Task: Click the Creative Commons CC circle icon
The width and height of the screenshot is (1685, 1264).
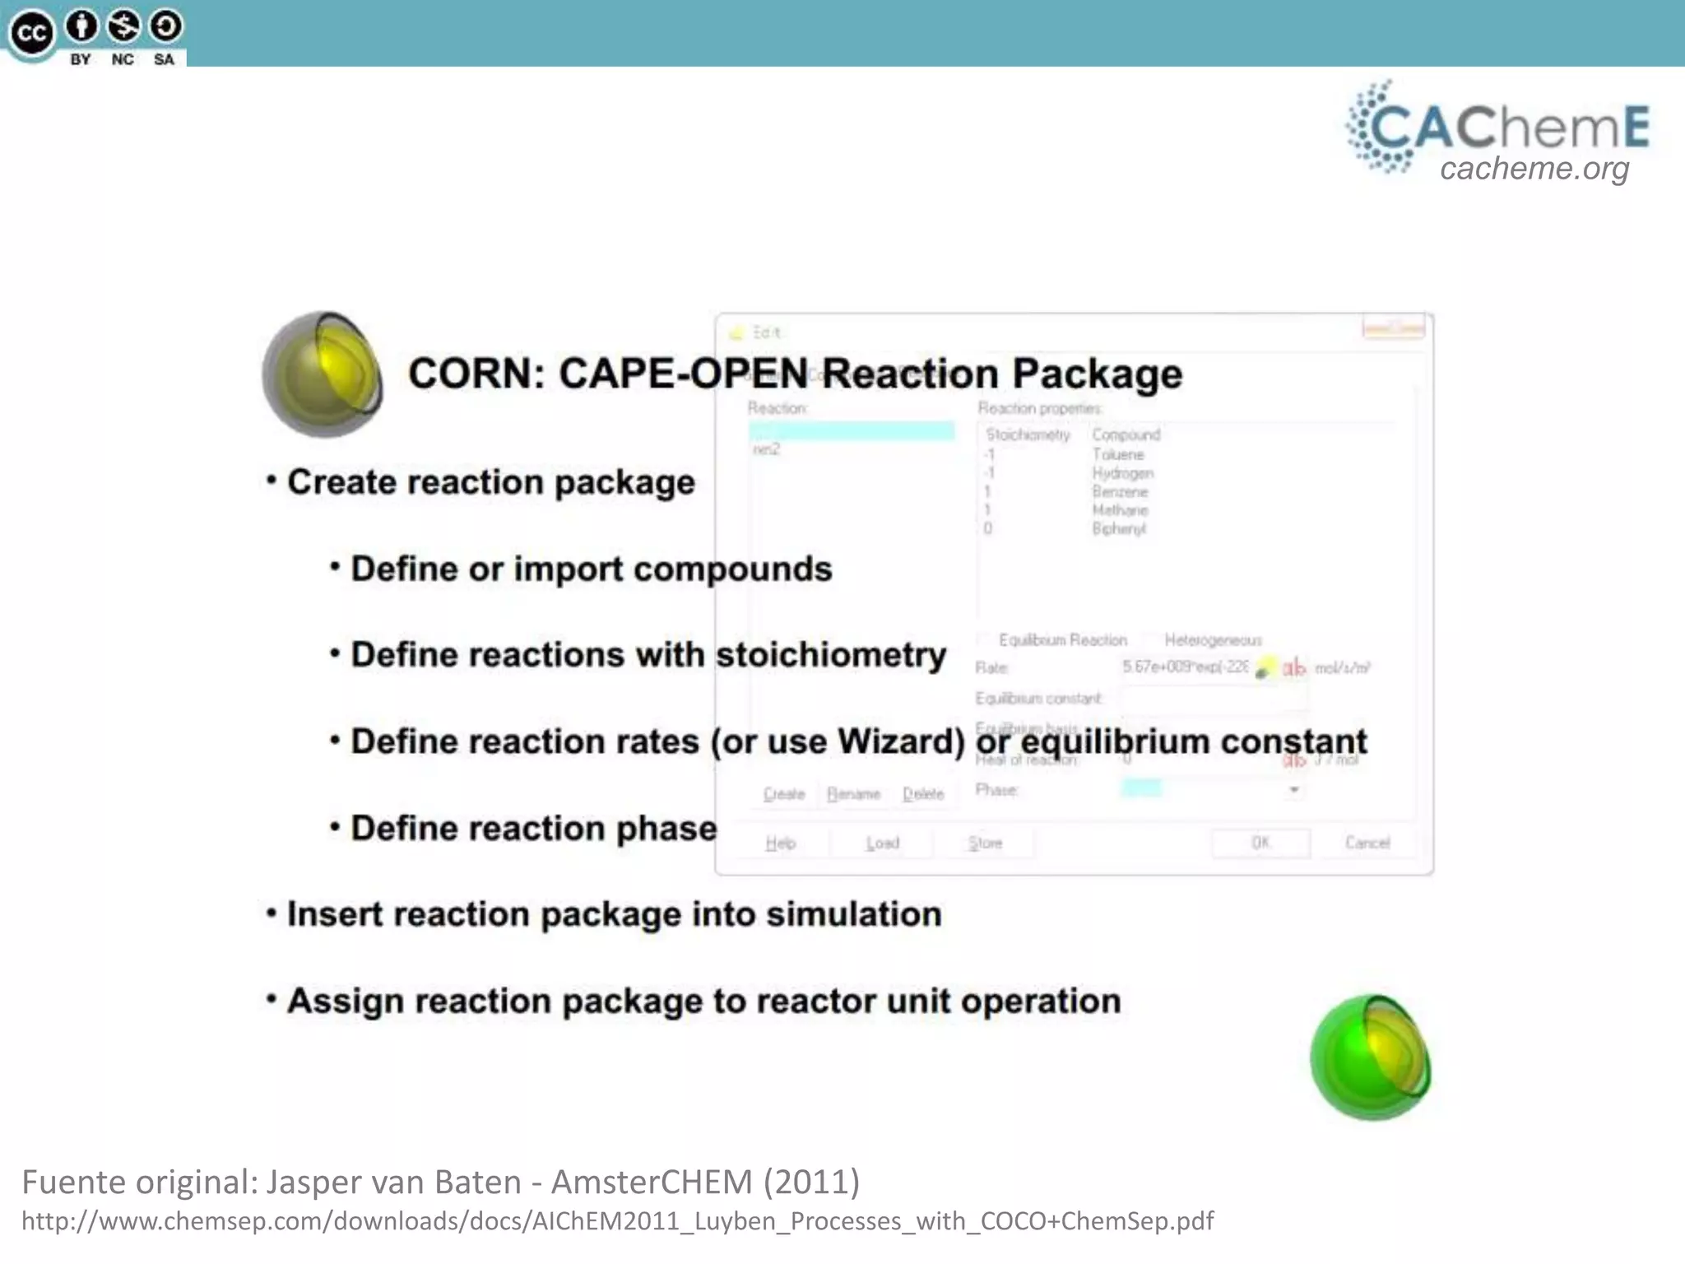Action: (x=31, y=34)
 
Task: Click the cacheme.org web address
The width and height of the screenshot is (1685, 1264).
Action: (x=1534, y=169)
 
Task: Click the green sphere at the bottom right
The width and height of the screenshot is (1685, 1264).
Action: (x=1370, y=1058)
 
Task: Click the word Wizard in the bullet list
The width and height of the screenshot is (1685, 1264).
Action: (x=901, y=741)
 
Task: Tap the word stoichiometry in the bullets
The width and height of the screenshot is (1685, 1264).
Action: (x=831, y=655)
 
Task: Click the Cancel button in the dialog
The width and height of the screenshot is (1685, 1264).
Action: (x=1367, y=843)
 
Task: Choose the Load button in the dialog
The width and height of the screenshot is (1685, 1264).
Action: (x=882, y=843)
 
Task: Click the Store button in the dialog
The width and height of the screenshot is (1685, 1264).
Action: (x=985, y=843)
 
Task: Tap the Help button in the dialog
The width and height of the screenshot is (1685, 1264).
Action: (x=780, y=843)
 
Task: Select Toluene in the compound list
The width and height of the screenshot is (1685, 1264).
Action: (x=1117, y=454)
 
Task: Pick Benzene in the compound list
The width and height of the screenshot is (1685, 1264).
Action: (x=1120, y=492)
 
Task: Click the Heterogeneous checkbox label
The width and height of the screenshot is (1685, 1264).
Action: (x=1213, y=640)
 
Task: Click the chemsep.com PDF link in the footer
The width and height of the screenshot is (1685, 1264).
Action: (x=617, y=1220)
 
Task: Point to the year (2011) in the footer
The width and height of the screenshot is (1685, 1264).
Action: (x=811, y=1182)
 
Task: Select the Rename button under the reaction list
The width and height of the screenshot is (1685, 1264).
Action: (x=853, y=794)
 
